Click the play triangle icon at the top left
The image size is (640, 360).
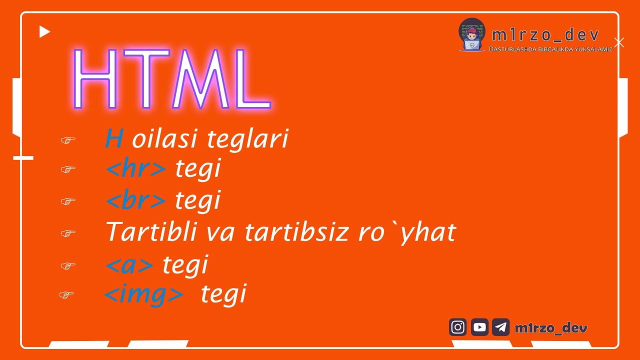(x=44, y=32)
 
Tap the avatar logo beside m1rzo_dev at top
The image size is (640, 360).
(x=471, y=35)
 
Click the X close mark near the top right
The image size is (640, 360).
(x=619, y=42)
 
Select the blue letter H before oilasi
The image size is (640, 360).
(x=114, y=139)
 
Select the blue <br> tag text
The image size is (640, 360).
(x=135, y=201)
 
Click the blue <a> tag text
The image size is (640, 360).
(x=129, y=265)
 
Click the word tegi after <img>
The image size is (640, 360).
(x=223, y=294)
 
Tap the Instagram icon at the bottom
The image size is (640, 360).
(x=457, y=327)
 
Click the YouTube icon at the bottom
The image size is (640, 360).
(x=479, y=327)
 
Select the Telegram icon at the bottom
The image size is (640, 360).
(x=500, y=327)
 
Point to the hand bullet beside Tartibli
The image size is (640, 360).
(x=68, y=233)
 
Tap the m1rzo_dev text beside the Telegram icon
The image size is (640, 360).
(x=550, y=328)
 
